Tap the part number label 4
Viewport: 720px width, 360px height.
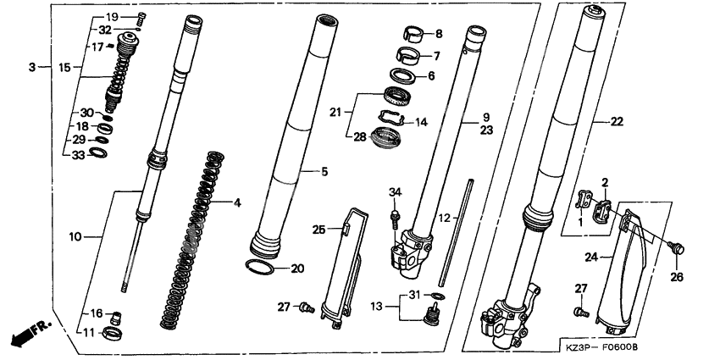pyautogui.click(x=238, y=202)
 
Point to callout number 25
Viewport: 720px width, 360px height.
pyautogui.click(x=319, y=230)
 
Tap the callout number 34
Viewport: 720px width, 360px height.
pyautogui.click(x=394, y=193)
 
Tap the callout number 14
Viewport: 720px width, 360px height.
pyautogui.click(x=422, y=122)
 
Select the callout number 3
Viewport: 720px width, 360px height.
pyautogui.click(x=31, y=66)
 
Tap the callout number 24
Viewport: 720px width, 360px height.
pyautogui.click(x=590, y=254)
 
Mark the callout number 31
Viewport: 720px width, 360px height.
pyautogui.click(x=414, y=294)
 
